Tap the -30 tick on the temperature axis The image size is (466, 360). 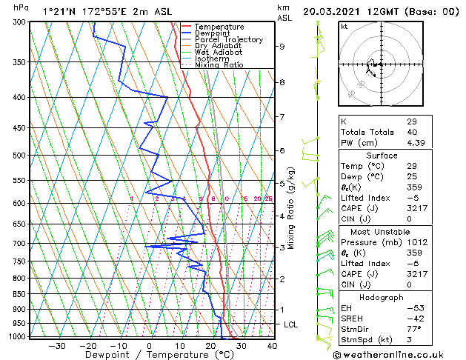[57, 345]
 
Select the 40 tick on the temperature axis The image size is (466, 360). [272, 345]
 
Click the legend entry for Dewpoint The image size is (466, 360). [215, 33]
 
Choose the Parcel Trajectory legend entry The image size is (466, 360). [228, 40]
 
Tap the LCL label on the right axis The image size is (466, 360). [292, 324]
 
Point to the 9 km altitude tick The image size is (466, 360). [282, 47]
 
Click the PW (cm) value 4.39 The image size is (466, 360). [416, 143]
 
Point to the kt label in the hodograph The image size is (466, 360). [344, 27]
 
